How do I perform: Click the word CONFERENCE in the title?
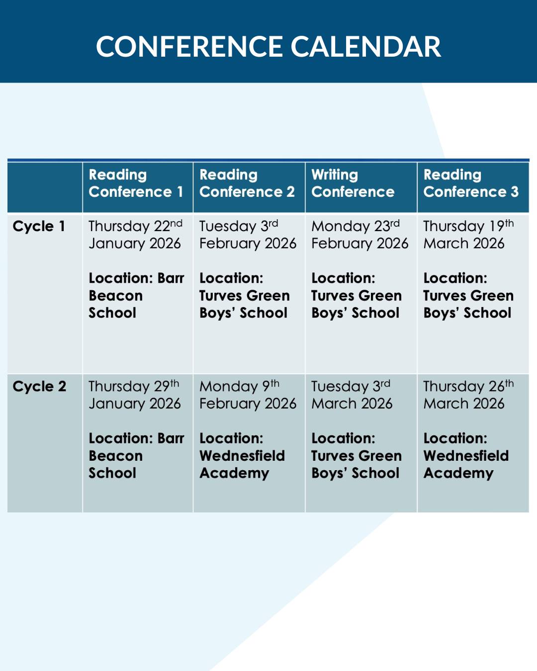tap(190, 47)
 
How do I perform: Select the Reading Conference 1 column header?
tap(136, 183)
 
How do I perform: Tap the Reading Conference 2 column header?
tap(247, 183)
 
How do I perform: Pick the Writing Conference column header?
tap(353, 183)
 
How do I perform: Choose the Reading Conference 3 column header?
tap(470, 183)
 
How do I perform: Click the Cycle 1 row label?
tap(39, 226)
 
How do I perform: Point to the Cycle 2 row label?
tap(39, 386)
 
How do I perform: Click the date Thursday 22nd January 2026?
tap(135, 235)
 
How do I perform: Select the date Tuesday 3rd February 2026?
tap(247, 235)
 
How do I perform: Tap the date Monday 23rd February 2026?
tap(359, 235)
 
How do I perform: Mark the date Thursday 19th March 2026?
tap(467, 235)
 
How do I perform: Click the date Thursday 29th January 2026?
tap(134, 395)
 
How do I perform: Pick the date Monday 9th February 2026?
tap(247, 395)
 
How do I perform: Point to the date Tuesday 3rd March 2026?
tap(352, 395)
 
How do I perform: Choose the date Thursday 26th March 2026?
tap(467, 395)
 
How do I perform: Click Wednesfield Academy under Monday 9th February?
tap(242, 464)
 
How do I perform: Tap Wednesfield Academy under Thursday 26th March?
tap(465, 464)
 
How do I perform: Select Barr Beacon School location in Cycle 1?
tap(136, 296)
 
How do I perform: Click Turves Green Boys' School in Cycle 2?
tap(356, 464)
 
